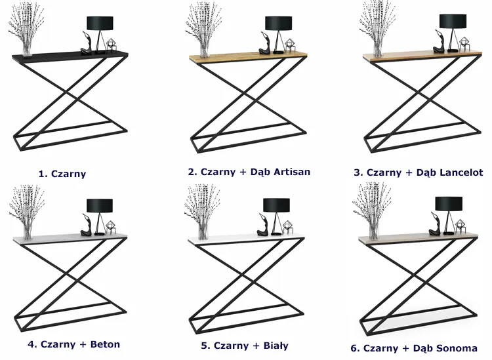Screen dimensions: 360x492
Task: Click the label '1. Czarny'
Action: [62, 174]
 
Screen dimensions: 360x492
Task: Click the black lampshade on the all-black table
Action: [100, 22]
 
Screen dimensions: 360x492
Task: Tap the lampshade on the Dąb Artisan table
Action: [278, 23]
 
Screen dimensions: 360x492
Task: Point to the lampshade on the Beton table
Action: [100, 205]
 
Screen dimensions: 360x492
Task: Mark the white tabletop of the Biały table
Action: [246, 241]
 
